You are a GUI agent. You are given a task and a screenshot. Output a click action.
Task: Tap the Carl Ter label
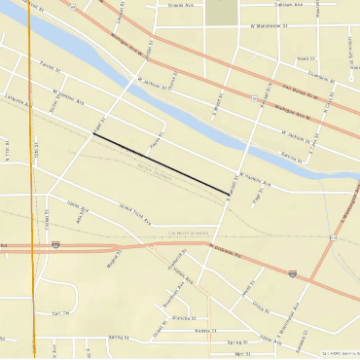coord(61,314)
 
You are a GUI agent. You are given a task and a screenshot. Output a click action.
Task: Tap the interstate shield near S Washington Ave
coord(293,276)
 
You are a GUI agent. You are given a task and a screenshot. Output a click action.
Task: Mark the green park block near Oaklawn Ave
coord(222,11)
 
